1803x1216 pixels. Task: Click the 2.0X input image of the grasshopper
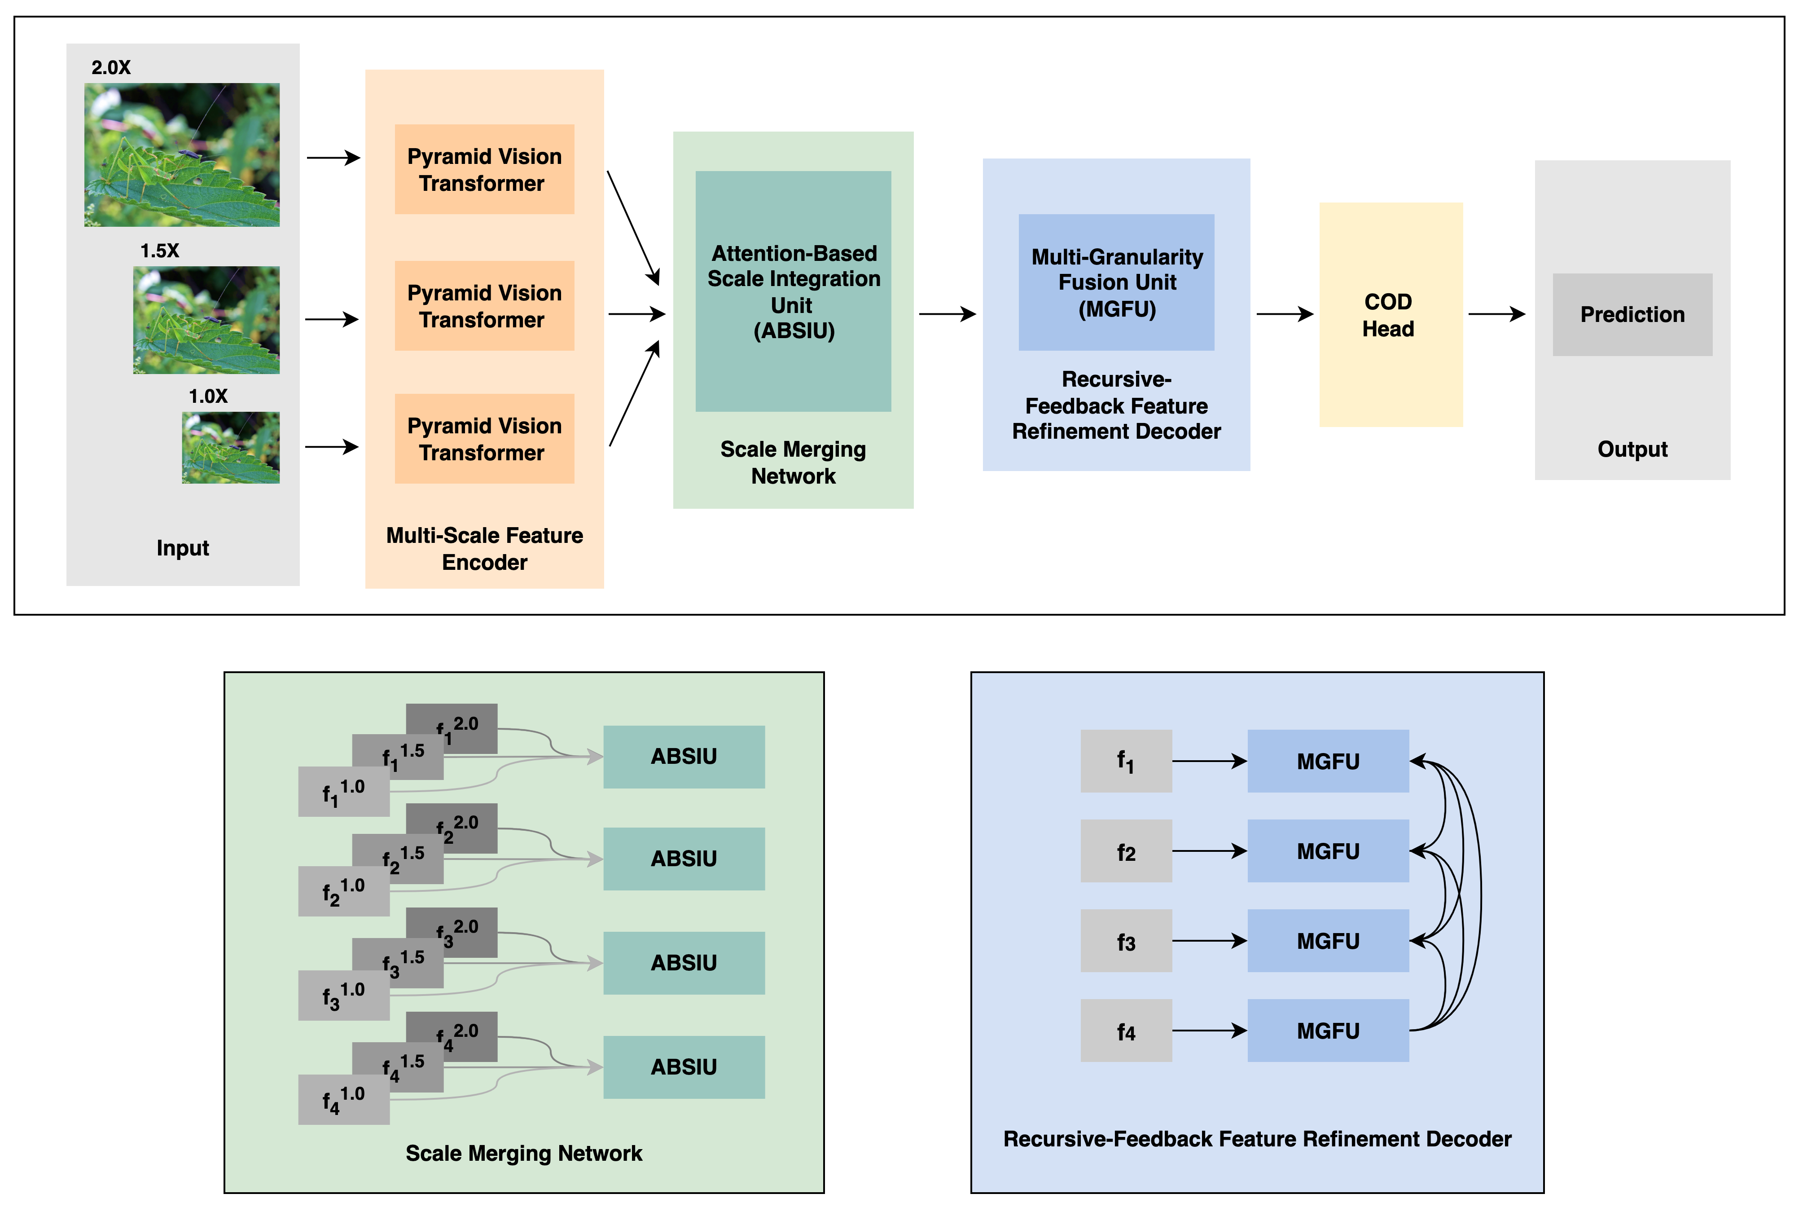point(181,154)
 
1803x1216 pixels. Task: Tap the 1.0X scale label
point(208,397)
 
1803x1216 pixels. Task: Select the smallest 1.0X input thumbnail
point(230,448)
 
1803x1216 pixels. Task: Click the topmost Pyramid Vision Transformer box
point(484,169)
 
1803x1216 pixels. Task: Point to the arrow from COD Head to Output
point(1496,314)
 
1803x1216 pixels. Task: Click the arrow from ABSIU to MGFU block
point(947,314)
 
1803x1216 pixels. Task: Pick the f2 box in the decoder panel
point(1126,851)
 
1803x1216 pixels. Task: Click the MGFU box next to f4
point(1327,1030)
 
